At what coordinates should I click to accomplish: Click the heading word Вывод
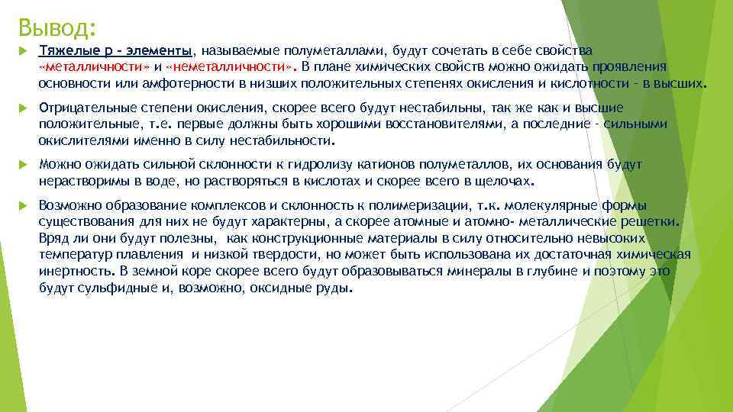click(x=54, y=28)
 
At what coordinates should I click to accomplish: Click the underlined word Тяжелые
click(x=63, y=50)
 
